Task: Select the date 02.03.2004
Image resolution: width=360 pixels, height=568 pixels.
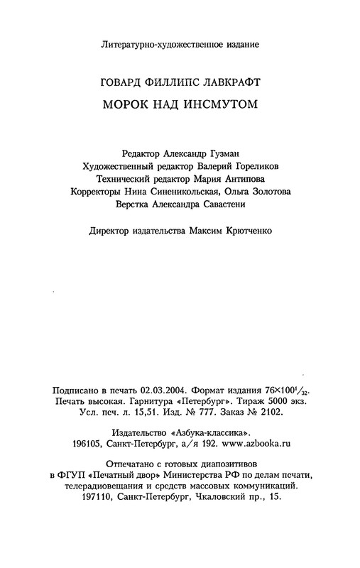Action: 165,390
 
